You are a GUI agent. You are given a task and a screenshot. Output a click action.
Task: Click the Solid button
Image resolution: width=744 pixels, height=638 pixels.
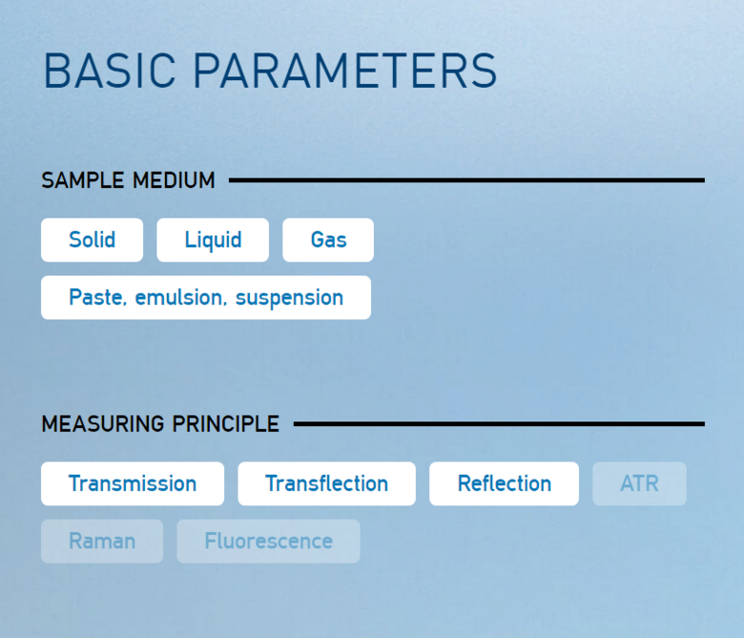point(93,240)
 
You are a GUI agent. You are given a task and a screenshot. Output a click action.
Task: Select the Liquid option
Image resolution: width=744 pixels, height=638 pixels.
point(213,240)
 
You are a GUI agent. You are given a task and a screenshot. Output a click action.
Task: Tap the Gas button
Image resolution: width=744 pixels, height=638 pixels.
point(328,240)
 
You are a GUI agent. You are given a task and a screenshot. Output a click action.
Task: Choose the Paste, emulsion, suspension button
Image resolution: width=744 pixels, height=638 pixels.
point(206,298)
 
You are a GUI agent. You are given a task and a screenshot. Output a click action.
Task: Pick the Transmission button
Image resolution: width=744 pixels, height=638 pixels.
point(133,484)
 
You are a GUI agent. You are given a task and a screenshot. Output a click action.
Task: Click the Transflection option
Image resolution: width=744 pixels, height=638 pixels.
point(326,484)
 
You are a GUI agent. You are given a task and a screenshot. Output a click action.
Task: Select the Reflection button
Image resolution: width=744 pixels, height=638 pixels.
point(504,484)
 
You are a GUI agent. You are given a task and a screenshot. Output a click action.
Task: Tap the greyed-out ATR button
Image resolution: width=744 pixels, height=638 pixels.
point(639,484)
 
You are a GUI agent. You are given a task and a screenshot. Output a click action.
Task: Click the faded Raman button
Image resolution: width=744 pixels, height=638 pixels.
point(102,542)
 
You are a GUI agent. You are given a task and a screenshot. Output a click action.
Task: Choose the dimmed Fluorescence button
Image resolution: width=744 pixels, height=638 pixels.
point(268,542)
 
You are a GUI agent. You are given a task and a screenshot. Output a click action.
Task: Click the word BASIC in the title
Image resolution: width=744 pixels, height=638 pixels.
point(110,72)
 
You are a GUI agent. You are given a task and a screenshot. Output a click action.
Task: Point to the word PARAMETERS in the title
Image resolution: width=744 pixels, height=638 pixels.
point(345,72)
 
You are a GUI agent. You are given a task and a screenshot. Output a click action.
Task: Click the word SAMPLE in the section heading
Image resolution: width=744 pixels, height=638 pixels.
point(83,181)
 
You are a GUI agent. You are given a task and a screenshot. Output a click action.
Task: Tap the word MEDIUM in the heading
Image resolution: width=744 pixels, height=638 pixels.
point(174,181)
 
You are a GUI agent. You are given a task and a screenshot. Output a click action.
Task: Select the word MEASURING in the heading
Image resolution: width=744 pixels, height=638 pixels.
point(103,424)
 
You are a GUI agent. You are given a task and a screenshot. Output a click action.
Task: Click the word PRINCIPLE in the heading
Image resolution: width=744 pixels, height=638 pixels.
point(226,424)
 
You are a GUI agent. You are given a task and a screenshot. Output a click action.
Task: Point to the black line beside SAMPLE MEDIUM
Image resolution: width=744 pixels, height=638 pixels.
point(466,180)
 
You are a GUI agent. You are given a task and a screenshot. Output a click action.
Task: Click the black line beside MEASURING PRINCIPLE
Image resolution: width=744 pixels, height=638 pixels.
point(499,424)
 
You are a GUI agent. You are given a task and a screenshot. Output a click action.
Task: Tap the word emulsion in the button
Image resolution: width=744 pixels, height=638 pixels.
point(178,298)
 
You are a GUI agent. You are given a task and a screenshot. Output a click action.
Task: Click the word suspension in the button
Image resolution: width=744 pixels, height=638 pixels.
point(289,298)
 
